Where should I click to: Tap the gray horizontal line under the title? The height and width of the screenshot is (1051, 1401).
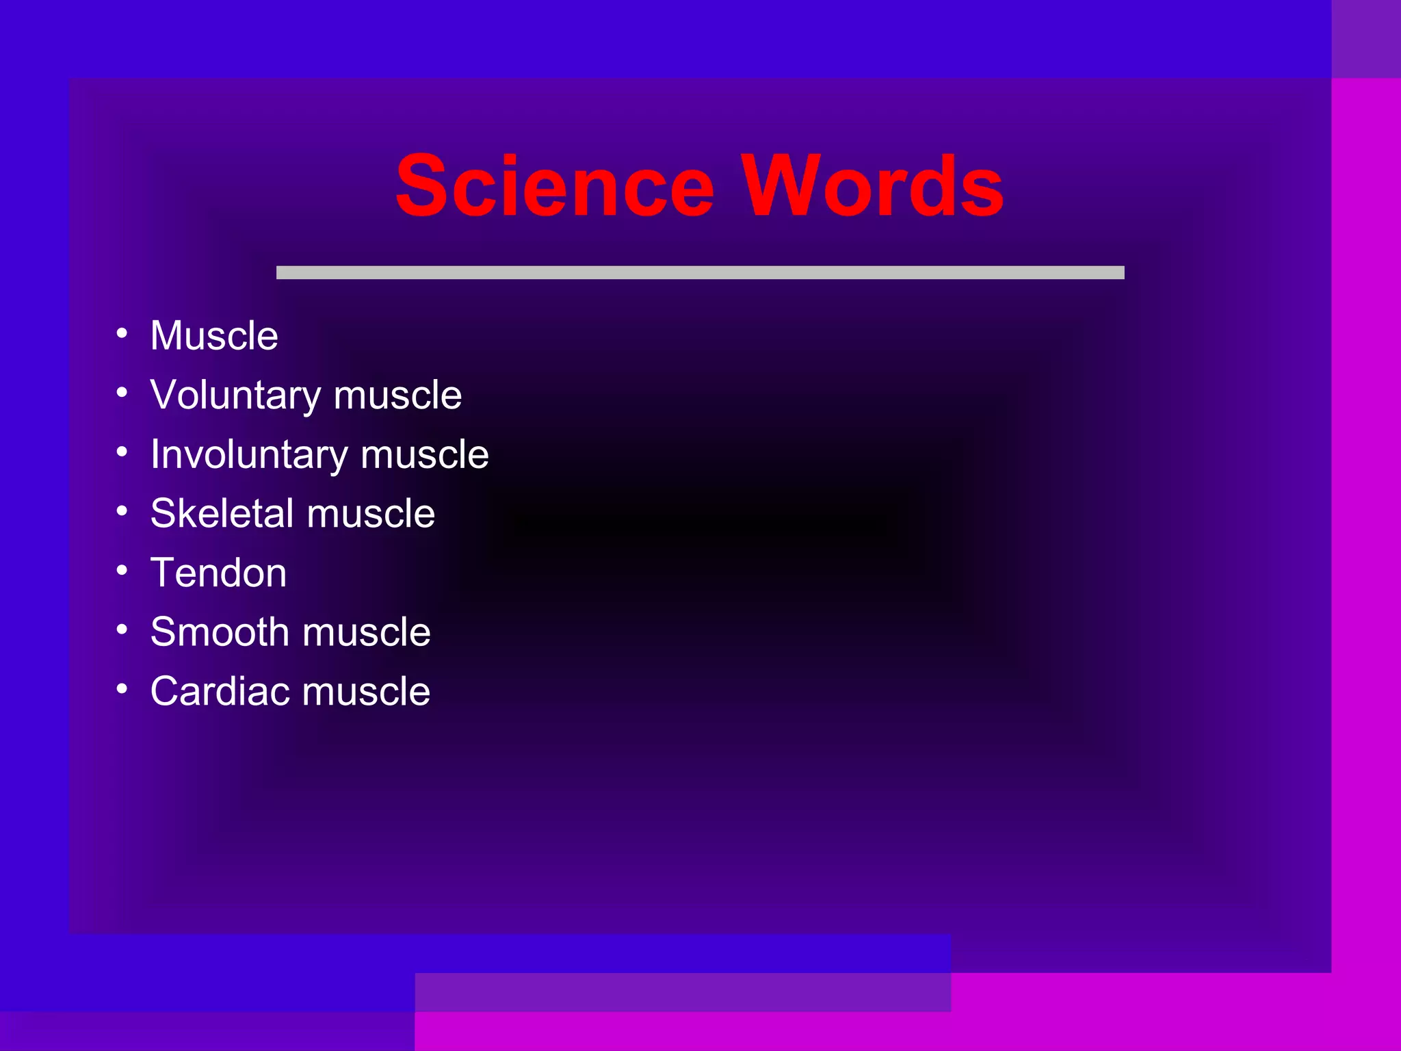click(700, 272)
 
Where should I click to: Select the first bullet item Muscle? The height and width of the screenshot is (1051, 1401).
click(214, 336)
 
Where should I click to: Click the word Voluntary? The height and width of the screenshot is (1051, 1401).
click(235, 395)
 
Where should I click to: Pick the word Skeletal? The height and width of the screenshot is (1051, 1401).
click(222, 514)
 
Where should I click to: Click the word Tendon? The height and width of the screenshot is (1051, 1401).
click(218, 573)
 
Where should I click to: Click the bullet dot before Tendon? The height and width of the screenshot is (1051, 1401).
click(122, 570)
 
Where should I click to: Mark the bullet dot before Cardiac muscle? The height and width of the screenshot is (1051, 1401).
click(122, 688)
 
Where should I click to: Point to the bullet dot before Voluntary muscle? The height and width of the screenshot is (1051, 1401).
click(122, 392)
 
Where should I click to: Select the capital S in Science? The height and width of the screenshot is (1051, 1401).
click(420, 186)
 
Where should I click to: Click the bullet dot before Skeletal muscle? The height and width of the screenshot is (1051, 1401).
click(122, 510)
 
